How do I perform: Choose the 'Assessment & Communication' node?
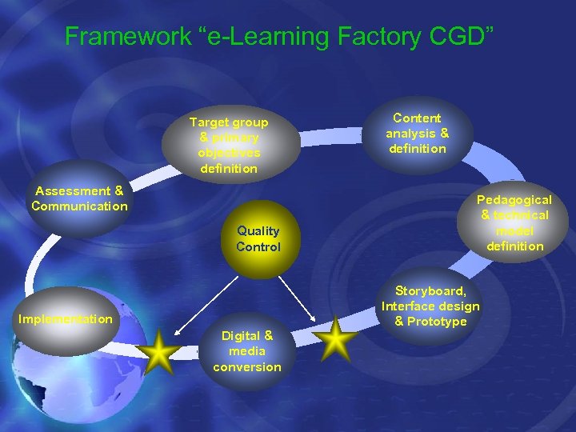(79, 199)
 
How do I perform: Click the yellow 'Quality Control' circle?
(258, 239)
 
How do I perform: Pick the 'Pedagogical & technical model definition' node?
(514, 222)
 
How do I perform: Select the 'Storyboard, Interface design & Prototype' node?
(430, 306)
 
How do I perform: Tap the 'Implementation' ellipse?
(66, 319)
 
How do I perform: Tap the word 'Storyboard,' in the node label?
(430, 290)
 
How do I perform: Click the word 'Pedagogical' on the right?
(514, 199)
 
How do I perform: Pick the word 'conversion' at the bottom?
(247, 367)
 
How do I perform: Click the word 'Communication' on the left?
(79, 206)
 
